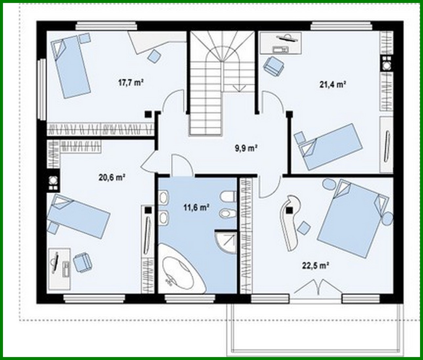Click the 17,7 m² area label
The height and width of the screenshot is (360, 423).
(x=131, y=83)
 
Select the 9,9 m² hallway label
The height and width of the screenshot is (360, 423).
(x=245, y=148)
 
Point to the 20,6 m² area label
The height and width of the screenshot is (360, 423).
(x=112, y=177)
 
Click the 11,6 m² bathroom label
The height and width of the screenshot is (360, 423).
(x=196, y=207)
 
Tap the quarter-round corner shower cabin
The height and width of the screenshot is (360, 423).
(x=226, y=241)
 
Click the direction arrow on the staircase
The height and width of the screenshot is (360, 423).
(x=239, y=87)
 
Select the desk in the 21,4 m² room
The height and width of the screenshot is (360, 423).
(x=281, y=43)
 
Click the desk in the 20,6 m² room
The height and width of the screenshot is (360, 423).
(x=59, y=269)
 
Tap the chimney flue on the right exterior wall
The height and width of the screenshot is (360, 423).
(x=386, y=63)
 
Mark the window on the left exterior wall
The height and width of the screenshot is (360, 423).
(x=42, y=89)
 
